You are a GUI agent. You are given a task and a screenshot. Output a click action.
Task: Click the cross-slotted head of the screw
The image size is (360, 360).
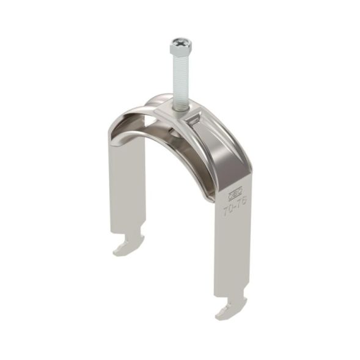(180, 45)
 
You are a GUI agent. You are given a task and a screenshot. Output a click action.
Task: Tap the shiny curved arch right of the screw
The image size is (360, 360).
(226, 147)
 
